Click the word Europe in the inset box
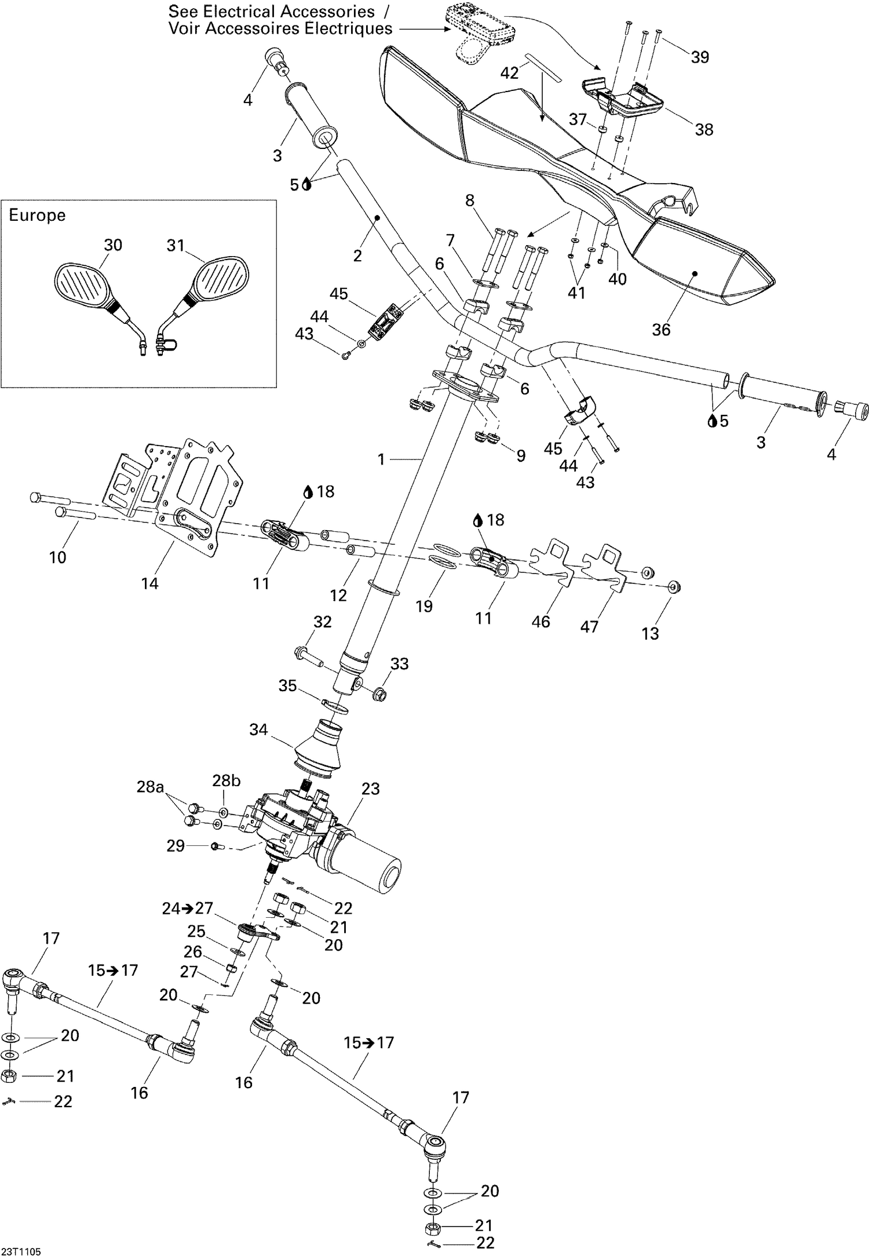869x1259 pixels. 37,216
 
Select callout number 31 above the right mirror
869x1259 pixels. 175,246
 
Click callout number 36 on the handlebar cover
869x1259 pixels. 660,330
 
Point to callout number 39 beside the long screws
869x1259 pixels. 700,57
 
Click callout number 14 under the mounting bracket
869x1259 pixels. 149,583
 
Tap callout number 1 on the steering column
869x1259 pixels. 381,459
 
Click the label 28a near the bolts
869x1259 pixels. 150,787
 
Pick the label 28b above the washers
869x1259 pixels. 226,780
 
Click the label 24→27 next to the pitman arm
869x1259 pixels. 188,908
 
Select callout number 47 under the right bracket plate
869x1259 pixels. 589,627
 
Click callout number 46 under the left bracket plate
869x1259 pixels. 541,622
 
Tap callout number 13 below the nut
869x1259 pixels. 650,633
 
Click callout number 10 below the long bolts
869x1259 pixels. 58,557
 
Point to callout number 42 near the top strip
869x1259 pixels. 510,73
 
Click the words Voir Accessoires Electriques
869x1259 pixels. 280,28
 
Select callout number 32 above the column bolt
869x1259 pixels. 322,622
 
